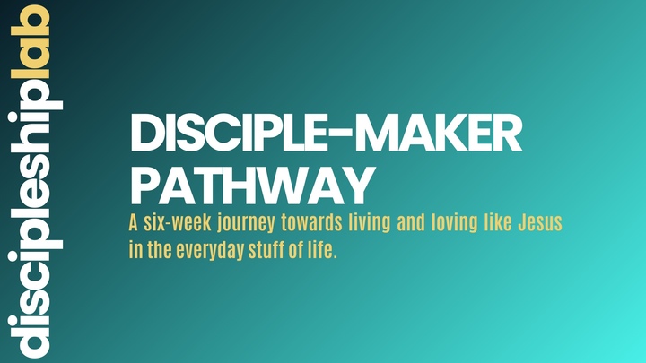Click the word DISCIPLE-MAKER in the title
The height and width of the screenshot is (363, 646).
point(326,138)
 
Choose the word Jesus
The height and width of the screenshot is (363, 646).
point(540,223)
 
